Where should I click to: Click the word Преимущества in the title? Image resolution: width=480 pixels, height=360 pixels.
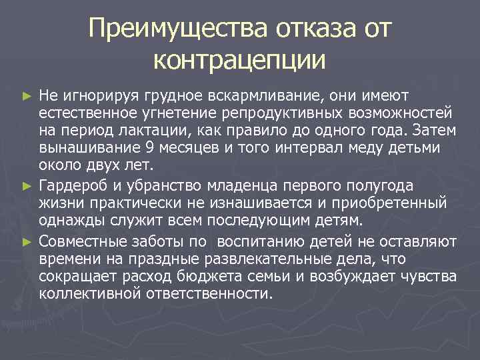tap(178, 29)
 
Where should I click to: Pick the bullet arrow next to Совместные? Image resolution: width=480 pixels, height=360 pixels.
tap(26, 241)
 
